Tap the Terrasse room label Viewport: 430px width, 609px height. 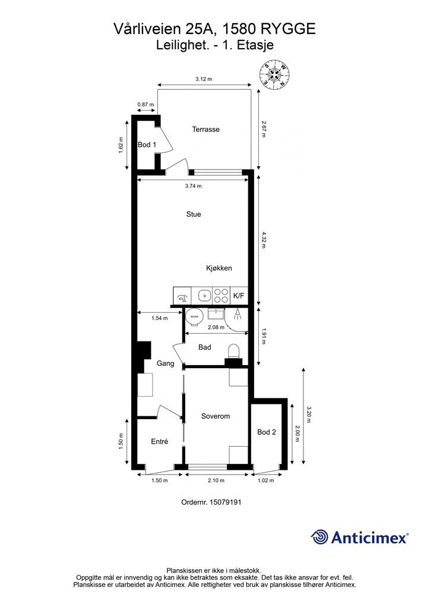click(206, 129)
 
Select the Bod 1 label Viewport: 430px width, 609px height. click(147, 145)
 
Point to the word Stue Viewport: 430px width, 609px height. click(194, 214)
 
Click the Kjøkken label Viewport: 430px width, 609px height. click(219, 268)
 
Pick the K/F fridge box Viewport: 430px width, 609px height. click(239, 296)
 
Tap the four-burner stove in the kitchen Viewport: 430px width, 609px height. click(222, 296)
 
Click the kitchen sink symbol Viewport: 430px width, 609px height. click(204, 296)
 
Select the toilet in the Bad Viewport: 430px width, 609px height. click(234, 352)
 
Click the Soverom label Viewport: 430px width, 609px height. click(216, 416)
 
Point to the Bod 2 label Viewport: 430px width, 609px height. click(267, 432)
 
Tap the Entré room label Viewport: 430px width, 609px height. click(159, 442)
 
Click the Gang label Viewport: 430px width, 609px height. click(165, 364)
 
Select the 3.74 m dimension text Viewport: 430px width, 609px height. click(194, 186)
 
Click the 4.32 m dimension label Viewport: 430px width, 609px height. click(264, 240)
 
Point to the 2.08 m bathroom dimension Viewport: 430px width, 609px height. click(216, 328)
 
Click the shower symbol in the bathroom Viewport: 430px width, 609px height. click(238, 315)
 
